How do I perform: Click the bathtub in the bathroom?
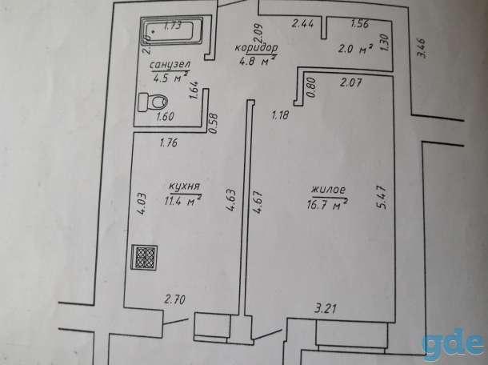pos(172,31)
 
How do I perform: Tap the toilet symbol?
pos(153,102)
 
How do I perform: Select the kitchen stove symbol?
pos(144,257)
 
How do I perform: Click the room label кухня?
pos(184,187)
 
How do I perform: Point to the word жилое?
pos(329,190)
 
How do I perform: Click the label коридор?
pos(256,48)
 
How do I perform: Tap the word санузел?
pos(170,65)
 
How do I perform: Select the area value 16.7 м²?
pos(327,205)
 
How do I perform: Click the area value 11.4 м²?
pos(182,201)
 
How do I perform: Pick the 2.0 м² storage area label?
pos(356,49)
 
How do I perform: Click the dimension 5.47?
pos(382,198)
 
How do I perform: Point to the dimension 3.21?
pos(325,309)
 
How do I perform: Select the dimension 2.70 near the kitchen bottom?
pos(175,300)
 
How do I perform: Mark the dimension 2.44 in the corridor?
pos(302,24)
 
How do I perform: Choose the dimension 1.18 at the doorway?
pos(280,115)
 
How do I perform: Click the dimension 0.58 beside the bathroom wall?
pos(214,123)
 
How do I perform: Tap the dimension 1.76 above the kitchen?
pos(168,143)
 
